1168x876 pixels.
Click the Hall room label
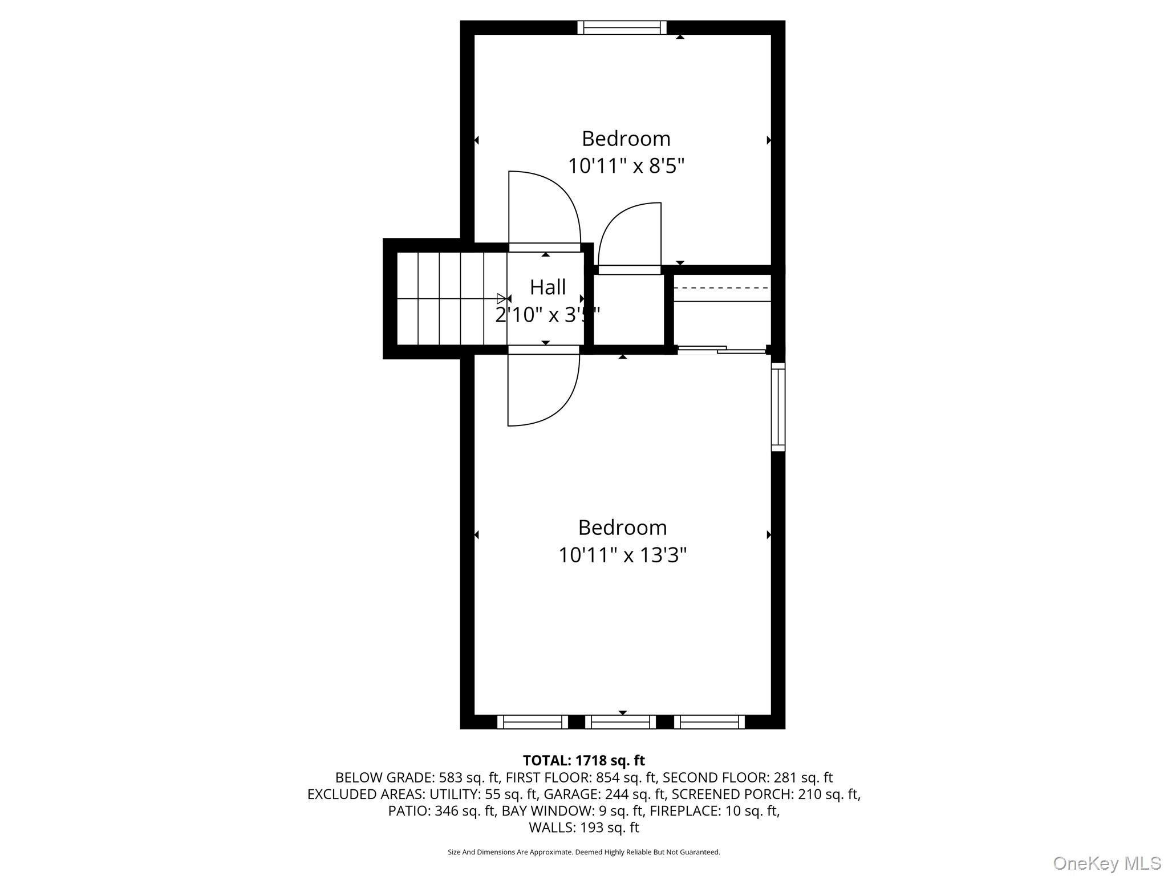tap(547, 287)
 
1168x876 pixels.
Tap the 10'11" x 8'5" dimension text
tap(626, 166)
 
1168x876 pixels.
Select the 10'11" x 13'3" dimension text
tap(622, 555)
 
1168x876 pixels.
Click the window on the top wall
tap(622, 27)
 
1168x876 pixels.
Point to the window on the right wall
tap(778, 407)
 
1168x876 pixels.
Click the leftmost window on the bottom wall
tap(533, 722)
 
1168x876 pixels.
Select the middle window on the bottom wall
tap(620, 722)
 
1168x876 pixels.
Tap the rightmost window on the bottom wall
tap(709, 722)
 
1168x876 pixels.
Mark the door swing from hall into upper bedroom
tap(545, 208)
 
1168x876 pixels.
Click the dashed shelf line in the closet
tap(722, 289)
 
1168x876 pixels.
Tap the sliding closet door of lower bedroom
tap(721, 350)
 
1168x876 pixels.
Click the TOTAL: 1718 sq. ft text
tap(583, 760)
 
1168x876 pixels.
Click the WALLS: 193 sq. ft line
tap(583, 828)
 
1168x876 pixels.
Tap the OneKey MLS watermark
tap(1106, 863)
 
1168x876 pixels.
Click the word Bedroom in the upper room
tap(626, 139)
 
